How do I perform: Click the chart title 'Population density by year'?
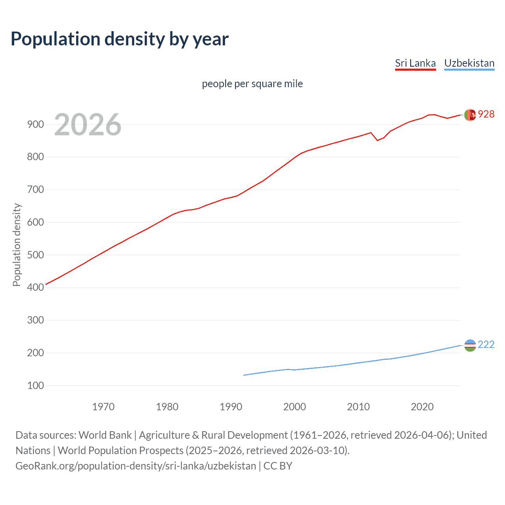[x=120, y=39]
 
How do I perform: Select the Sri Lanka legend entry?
[x=415, y=63]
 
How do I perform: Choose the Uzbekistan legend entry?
[x=469, y=63]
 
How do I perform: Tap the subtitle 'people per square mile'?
[x=252, y=84]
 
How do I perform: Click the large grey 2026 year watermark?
[x=88, y=125]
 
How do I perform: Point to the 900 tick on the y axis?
[x=36, y=124]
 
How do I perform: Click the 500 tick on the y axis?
[x=36, y=255]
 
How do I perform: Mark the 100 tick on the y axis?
[x=36, y=385]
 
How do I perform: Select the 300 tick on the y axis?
[x=36, y=320]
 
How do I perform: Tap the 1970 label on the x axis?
[x=103, y=406]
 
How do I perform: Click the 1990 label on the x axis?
[x=231, y=406]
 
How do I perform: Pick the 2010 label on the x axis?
[x=358, y=406]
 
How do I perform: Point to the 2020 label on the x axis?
[x=422, y=406]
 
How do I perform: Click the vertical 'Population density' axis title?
[x=17, y=245]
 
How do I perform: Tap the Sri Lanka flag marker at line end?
[x=470, y=115]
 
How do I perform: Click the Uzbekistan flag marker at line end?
[x=470, y=345]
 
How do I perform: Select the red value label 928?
[x=486, y=114]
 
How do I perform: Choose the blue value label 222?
[x=486, y=344]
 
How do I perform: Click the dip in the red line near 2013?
[x=377, y=140]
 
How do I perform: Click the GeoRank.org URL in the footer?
[x=136, y=466]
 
